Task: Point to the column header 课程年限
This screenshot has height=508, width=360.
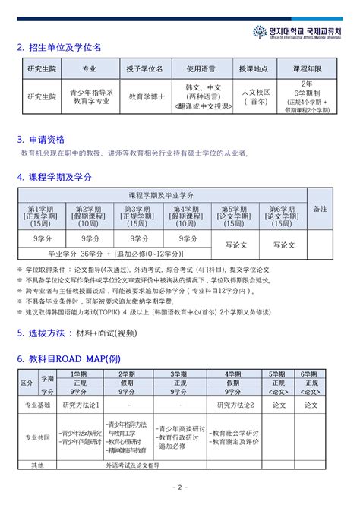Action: click(307, 68)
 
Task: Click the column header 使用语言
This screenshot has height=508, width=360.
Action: click(201, 68)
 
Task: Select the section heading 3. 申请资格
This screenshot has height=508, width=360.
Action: click(41, 140)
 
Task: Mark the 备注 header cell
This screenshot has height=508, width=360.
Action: click(321, 207)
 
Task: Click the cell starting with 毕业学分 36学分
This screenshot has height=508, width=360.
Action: click(116, 253)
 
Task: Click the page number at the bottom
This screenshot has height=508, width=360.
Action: click(179, 487)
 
